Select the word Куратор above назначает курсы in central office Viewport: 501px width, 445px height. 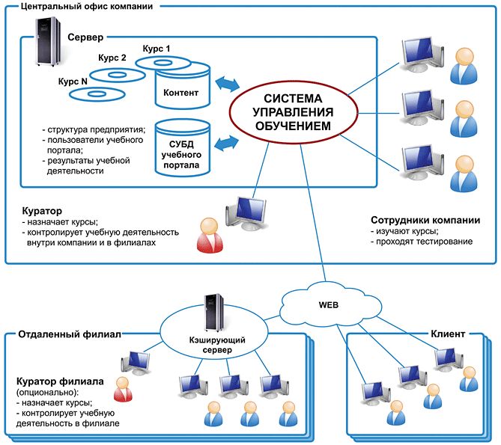point(37,212)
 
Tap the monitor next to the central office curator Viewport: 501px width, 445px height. point(247,213)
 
